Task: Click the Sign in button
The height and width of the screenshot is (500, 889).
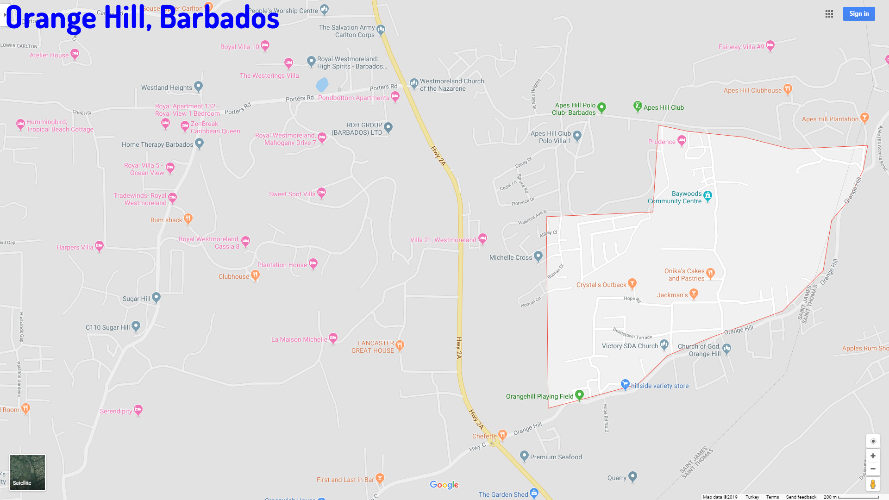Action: point(858,14)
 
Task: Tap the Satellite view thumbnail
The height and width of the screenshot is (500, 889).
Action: point(28,472)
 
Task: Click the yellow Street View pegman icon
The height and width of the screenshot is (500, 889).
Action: point(873,484)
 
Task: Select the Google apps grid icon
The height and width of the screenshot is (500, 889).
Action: point(829,14)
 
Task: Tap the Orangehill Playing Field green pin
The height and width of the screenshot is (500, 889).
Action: point(579,395)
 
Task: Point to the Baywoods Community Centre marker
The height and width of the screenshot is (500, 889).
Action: point(707,196)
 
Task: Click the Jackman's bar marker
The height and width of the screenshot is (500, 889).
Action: point(694,294)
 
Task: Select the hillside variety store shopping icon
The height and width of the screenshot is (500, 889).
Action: point(625,384)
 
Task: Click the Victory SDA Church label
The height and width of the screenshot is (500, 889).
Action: point(630,346)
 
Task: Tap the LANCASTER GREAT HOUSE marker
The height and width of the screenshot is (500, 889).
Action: point(400,345)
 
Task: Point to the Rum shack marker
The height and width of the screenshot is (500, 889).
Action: point(188,218)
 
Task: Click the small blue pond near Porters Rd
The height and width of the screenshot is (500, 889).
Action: point(322,85)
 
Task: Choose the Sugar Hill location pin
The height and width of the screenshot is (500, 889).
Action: point(156,297)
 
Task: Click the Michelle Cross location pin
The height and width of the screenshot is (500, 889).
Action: point(538,256)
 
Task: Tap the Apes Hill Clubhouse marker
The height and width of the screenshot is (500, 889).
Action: point(788,89)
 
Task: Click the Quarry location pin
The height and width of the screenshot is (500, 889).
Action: point(633,476)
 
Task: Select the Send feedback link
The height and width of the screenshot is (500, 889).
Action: point(801,497)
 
